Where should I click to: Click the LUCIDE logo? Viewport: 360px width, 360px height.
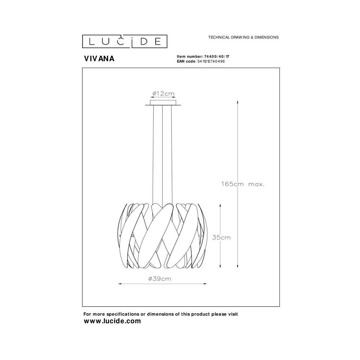[x=125, y=41]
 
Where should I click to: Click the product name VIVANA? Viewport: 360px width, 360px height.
[x=99, y=59]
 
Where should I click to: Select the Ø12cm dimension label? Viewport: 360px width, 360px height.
[x=163, y=94]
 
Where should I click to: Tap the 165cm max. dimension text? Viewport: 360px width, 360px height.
[x=243, y=184]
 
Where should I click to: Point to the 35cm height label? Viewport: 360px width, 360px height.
[x=221, y=237]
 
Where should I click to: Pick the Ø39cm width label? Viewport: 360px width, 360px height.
[x=160, y=279]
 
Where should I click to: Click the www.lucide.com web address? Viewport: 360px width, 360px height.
[x=112, y=321]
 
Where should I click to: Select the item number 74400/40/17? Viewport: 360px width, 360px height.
[x=217, y=57]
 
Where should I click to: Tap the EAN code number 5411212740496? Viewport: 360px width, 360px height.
[x=211, y=61]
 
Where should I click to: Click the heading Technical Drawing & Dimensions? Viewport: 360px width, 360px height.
[x=243, y=37]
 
